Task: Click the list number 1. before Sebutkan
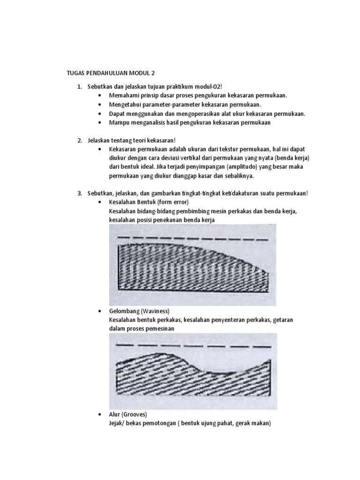[80, 87]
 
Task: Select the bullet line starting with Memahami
[198, 96]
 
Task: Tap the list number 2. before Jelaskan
[80, 140]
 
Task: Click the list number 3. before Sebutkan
[80, 193]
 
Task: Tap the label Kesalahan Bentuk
[130, 202]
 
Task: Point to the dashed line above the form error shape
[192, 238]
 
